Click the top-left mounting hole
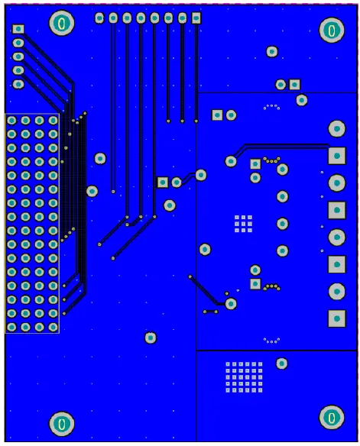[x=61, y=24]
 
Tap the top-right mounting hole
[x=331, y=30]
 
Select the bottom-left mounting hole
[x=61, y=422]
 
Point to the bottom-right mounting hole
[x=331, y=416]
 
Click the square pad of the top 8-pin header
[x=196, y=18]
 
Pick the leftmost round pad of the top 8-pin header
[x=99, y=18]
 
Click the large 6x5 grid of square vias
[x=244, y=377]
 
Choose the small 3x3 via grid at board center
[x=243, y=222]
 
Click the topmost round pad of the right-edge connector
[x=335, y=128]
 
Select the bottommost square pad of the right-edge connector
[x=335, y=318]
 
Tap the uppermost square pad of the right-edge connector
[x=335, y=156]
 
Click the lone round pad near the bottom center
[x=151, y=338]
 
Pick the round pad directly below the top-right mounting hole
[x=272, y=52]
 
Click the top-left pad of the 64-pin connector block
[x=12, y=121]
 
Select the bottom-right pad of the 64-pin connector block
[x=53, y=327]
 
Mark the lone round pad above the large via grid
[x=281, y=364]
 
